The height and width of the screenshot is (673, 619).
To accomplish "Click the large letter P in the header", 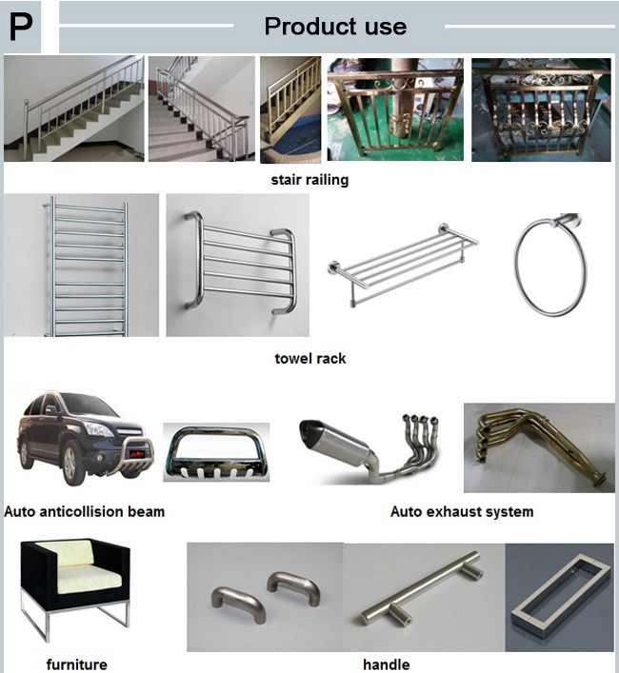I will (x=22, y=28).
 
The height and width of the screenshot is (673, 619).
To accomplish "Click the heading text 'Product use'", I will (x=335, y=27).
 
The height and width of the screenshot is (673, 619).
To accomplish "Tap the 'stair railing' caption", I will (x=309, y=179).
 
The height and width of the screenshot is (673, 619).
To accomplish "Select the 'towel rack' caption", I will (x=309, y=359).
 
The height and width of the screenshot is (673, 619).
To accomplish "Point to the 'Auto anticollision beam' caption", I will (x=84, y=511).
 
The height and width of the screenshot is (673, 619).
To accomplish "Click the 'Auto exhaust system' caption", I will (x=462, y=511).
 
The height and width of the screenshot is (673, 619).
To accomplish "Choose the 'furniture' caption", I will (x=76, y=664).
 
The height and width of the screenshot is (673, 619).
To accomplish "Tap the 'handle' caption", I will (x=386, y=664).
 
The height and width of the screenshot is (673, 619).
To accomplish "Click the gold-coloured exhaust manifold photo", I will (x=538, y=445).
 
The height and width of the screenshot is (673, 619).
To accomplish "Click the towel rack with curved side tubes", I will (x=236, y=264).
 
